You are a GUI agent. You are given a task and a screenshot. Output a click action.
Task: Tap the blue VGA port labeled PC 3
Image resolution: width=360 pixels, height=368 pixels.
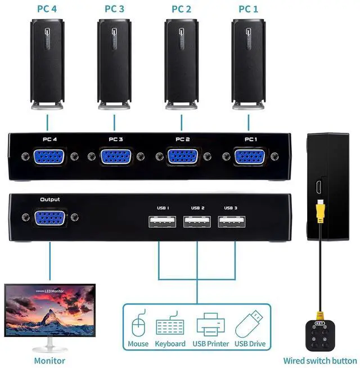[x=116, y=157]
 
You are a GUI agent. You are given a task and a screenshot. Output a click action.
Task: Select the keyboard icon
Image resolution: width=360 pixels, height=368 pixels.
[x=170, y=326]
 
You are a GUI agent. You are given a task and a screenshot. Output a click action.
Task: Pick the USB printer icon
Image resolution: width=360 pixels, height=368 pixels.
[x=211, y=325]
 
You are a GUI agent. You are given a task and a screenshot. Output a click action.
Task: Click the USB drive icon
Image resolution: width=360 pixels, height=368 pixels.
[x=249, y=325]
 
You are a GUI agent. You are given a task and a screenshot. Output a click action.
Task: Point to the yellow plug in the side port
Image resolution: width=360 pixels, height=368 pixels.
[x=320, y=209]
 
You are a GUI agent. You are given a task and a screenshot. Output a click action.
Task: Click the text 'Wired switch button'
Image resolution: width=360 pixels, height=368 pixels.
[x=320, y=361]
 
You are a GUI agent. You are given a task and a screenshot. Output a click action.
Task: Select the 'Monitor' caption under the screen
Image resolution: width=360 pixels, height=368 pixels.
[x=49, y=361]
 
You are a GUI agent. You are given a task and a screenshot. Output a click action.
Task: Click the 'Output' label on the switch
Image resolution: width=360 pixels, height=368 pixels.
[x=50, y=199]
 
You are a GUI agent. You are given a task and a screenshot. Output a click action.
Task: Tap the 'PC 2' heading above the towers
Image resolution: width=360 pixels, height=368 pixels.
[x=181, y=8]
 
